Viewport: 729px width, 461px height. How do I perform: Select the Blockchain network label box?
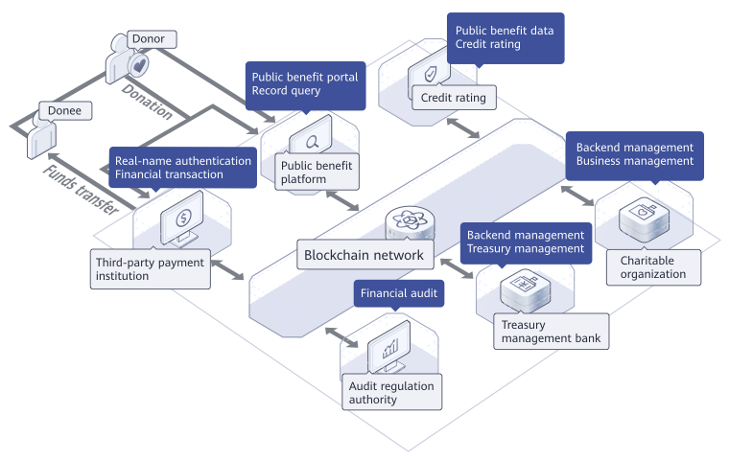[x=364, y=255]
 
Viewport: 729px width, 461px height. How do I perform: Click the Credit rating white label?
[x=454, y=97]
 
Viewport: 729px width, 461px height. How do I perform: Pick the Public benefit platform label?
[x=316, y=173]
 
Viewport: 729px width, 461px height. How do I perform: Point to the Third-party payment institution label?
[x=150, y=268]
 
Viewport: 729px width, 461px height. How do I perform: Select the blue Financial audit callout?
[x=399, y=292]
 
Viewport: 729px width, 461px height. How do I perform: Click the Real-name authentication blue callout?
[x=182, y=168]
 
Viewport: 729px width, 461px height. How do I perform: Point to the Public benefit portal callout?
[x=304, y=84]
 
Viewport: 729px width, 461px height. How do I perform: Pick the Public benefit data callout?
[x=505, y=37]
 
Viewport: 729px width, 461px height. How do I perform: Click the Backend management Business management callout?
[x=634, y=154]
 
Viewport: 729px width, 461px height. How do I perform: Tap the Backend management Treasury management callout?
[x=525, y=242]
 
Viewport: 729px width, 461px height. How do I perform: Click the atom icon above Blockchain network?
[x=407, y=223]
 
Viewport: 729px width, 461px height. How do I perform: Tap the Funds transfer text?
[x=82, y=191]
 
